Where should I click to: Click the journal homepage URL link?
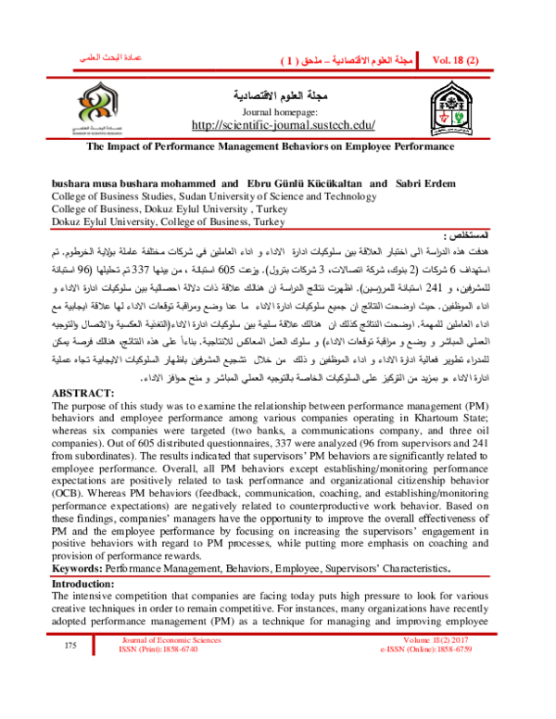[x=277, y=125]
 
